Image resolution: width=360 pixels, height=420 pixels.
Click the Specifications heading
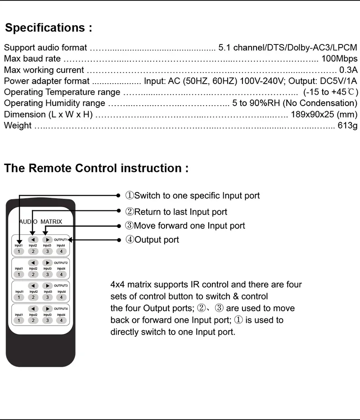pyautogui.click(x=49, y=28)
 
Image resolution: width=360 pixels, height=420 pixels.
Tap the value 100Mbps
pyautogui.click(x=339, y=58)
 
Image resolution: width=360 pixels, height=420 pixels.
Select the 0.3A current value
pyautogui.click(x=348, y=70)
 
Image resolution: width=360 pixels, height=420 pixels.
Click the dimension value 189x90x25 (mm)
pyautogui.click(x=324, y=114)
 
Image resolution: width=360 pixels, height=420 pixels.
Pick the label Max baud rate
pyautogui.click(x=32, y=58)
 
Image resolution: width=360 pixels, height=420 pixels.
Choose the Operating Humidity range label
pyautogui.click(x=54, y=103)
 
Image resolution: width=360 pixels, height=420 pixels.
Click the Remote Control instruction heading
pyautogui.click(x=96, y=168)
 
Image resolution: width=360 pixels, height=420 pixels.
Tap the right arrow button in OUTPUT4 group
pyautogui.click(x=47, y=308)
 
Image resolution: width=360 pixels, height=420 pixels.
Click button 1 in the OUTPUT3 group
pyautogui.click(x=19, y=297)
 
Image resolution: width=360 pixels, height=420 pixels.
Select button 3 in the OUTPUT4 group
pyautogui.click(x=47, y=320)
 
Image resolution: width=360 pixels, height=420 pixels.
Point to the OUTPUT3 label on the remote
pyautogui.click(x=61, y=286)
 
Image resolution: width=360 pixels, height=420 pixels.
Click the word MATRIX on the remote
pyautogui.click(x=51, y=222)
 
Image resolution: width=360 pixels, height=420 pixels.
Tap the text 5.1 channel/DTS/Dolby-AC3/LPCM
pyautogui.click(x=288, y=47)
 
